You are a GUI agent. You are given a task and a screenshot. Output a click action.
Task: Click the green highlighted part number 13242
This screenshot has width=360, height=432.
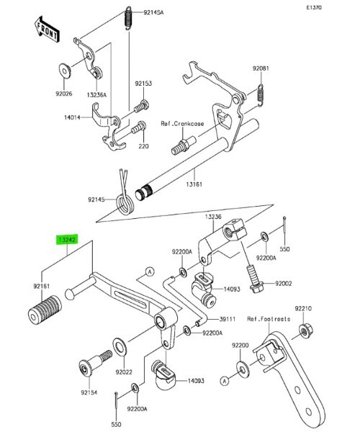point(67,240)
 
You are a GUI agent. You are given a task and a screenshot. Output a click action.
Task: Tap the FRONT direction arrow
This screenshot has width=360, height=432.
point(46,29)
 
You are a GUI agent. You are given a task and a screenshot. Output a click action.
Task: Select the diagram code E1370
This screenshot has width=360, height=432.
point(314,8)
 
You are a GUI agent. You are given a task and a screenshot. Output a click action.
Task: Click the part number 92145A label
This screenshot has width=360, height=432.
point(153,12)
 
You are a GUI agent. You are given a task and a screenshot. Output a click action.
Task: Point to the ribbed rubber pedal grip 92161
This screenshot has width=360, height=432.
point(45,309)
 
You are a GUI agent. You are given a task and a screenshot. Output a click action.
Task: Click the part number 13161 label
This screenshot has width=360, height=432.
point(194,184)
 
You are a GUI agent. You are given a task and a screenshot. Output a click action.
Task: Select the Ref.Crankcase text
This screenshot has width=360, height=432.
point(182,123)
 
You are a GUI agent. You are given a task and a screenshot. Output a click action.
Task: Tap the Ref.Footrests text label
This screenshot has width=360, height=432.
point(269,319)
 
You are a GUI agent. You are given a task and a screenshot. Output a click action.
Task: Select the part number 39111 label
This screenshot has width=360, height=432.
point(228,319)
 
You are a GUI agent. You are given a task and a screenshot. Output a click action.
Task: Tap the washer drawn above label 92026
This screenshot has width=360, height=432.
point(65,71)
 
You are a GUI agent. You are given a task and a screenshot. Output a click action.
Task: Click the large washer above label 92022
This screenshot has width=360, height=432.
point(120,346)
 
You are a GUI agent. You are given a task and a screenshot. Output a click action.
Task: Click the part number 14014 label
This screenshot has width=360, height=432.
point(72,117)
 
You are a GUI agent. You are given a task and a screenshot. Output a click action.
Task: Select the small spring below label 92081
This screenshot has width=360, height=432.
point(261,94)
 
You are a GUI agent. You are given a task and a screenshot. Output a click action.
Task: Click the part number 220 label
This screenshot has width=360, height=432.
point(143,146)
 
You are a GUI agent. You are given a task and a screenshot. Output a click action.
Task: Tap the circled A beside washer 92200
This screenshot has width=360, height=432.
point(225,382)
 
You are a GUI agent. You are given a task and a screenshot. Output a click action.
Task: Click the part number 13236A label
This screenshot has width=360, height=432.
point(96,95)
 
